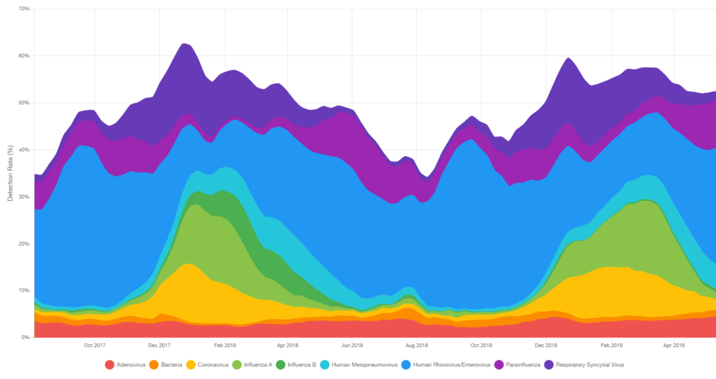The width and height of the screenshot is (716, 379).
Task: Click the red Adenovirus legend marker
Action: [109, 364]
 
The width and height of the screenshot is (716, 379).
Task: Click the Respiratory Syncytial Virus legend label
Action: [590, 364]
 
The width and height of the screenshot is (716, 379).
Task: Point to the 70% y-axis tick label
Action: [24, 9]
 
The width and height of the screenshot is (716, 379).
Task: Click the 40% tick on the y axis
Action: [24, 150]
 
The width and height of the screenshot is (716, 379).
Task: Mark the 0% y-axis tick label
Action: [25, 337]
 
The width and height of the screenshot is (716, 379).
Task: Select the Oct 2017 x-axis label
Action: [95, 345]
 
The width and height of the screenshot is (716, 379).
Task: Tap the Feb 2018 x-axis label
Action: [225, 345]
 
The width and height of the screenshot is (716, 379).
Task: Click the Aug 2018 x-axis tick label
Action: [416, 345]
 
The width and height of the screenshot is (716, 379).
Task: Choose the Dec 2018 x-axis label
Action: [546, 345]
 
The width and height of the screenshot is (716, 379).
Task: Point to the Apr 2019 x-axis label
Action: [674, 345]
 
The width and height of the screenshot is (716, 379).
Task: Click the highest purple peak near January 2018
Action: [184, 45]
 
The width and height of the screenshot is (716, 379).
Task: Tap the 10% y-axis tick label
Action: [24, 291]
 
